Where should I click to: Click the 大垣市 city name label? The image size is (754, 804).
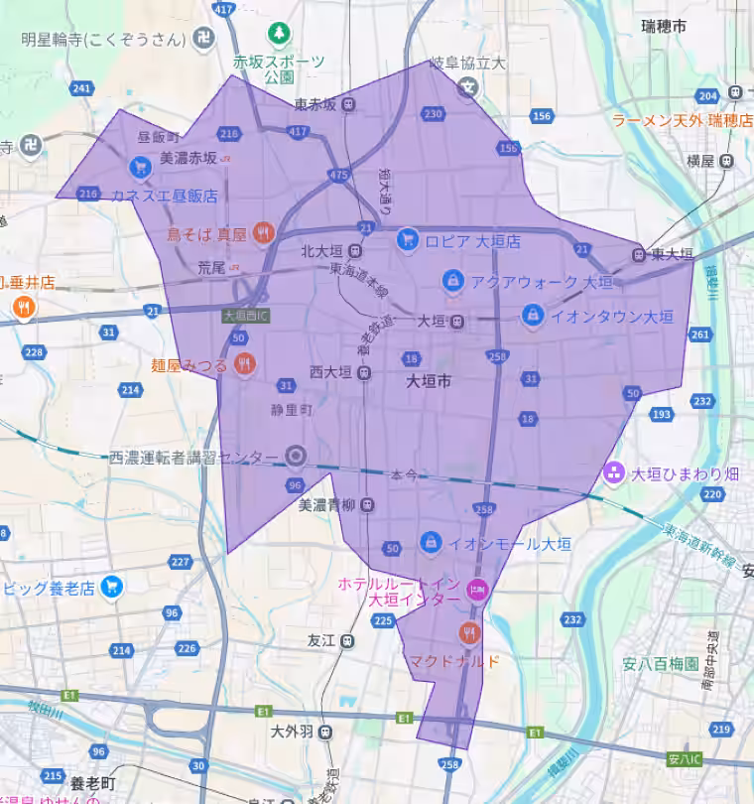429,381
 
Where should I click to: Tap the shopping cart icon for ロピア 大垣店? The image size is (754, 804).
406,239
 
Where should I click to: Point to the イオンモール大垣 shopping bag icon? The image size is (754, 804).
430,542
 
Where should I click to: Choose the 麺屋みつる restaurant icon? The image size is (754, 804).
246,364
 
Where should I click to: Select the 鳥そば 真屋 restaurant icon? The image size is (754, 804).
262,233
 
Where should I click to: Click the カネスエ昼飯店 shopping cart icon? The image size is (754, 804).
136,167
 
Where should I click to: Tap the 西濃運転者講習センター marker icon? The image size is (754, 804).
294,457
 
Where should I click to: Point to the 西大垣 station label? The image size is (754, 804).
330,373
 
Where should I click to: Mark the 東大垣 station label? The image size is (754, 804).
673,254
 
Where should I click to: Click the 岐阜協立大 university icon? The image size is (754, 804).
466,88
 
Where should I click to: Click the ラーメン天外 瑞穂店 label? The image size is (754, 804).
683,121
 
